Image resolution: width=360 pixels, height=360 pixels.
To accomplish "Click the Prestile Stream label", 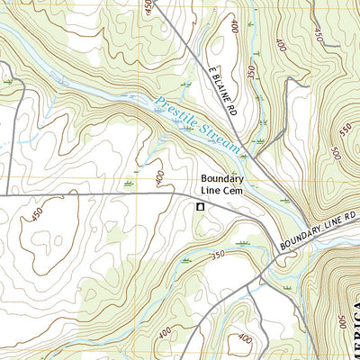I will pos(197,125).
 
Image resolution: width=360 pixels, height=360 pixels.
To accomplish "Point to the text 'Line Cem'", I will pos(224,192).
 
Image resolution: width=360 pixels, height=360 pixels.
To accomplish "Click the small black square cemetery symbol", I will pos(200,207).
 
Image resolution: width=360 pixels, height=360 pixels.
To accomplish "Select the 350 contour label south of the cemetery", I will pos(217,256).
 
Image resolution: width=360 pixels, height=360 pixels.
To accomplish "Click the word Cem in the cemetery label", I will pos(237,192).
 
